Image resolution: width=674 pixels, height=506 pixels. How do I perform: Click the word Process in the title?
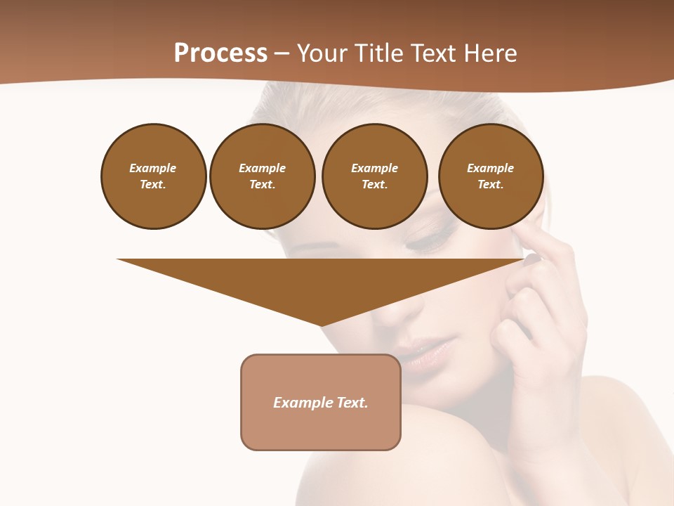coord(220,53)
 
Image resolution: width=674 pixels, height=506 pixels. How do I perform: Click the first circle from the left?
coord(154,176)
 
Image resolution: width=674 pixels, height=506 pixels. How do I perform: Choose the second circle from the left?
coord(262,176)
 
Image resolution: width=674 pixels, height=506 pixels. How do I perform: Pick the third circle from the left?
coord(374,176)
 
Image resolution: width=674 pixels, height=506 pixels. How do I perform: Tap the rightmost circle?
coord(491,176)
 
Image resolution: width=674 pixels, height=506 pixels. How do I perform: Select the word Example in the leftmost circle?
coord(153,168)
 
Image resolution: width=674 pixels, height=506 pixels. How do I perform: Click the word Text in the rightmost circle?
coord(489,184)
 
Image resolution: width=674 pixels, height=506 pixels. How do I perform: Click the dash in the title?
coord(282,53)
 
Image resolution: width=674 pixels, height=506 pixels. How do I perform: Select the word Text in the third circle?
coord(374,184)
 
